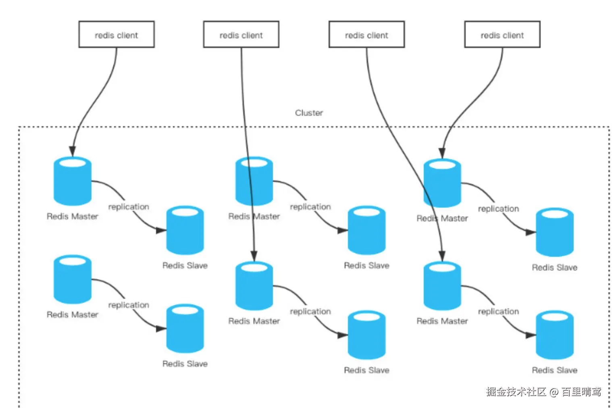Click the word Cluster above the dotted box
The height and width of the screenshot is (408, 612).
click(x=309, y=113)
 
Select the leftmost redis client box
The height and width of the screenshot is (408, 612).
click(x=117, y=35)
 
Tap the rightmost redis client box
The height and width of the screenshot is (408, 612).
click(x=502, y=35)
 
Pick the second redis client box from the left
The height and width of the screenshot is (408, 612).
click(x=241, y=35)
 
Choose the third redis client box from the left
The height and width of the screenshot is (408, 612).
click(x=366, y=35)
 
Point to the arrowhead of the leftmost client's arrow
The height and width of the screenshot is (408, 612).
click(x=73, y=152)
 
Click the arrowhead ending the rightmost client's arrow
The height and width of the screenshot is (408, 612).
click(x=442, y=154)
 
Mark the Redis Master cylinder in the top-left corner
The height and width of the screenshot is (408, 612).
click(x=73, y=181)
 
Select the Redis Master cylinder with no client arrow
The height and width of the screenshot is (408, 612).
click(x=73, y=279)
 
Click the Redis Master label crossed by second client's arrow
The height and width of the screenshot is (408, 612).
click(x=254, y=216)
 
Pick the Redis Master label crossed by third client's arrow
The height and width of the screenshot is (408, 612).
click(x=442, y=219)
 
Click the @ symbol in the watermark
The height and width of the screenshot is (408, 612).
click(x=554, y=392)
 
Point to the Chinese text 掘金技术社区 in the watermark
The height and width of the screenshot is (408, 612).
click(x=516, y=392)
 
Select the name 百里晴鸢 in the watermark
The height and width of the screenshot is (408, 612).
click(x=581, y=392)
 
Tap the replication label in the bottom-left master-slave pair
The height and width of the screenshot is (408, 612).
click(x=129, y=305)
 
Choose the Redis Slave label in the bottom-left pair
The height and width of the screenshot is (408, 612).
click(x=185, y=364)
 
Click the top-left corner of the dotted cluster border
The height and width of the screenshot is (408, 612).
click(x=19, y=127)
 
